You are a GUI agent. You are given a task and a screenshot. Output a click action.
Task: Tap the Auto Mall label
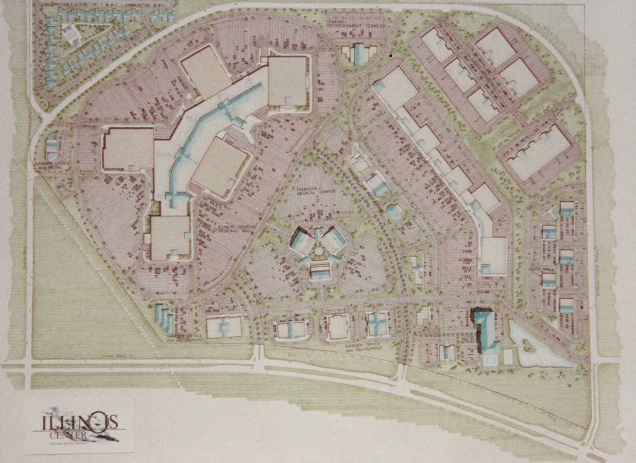(538, 270)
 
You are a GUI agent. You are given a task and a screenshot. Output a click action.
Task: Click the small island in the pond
(526, 343)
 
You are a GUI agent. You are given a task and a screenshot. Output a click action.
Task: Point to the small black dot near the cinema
(391, 56)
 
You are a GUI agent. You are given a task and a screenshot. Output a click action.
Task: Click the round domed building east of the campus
(394, 212)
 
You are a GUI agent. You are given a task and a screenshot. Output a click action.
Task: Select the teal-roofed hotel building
(486, 332)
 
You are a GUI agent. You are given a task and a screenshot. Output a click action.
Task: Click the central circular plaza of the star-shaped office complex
(319, 250)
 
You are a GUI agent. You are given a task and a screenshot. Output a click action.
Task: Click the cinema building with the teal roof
(359, 54)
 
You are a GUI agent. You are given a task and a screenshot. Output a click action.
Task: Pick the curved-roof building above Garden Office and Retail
(52, 145)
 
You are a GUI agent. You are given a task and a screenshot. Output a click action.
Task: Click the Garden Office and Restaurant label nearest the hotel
(364, 346)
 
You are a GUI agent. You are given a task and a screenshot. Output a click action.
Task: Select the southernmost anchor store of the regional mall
(170, 238)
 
